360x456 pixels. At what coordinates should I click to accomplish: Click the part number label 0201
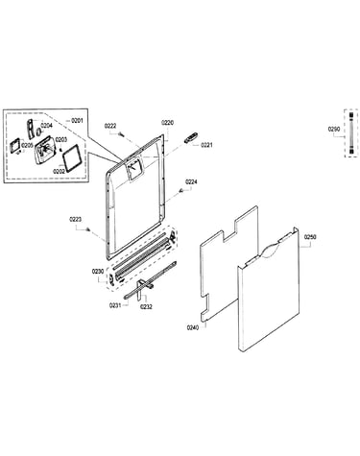click(x=77, y=120)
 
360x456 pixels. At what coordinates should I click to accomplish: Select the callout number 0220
click(x=167, y=123)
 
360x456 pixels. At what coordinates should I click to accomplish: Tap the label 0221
click(x=206, y=145)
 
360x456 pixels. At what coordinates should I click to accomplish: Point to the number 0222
click(x=110, y=126)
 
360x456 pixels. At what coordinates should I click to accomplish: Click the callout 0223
click(x=76, y=220)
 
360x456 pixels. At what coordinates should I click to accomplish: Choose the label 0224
click(x=191, y=182)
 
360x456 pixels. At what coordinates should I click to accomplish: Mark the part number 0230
click(x=98, y=272)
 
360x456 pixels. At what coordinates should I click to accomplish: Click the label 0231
click(x=115, y=305)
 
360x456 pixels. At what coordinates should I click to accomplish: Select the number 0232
click(x=147, y=306)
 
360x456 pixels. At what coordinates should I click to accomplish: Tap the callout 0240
click(x=193, y=327)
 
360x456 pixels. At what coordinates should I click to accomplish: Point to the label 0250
click(x=310, y=237)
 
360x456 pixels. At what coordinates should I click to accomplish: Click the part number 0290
click(x=334, y=130)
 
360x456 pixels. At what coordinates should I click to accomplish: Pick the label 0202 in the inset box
click(x=60, y=172)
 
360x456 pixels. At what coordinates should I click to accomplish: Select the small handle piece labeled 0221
click(x=190, y=138)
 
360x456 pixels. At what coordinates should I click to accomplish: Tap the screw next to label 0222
click(x=121, y=134)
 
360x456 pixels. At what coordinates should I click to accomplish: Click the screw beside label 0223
click(x=88, y=229)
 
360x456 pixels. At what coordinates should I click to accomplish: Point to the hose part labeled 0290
click(x=351, y=132)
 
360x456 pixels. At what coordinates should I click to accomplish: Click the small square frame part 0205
click(x=15, y=146)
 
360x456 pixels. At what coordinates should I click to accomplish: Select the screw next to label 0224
click(x=181, y=191)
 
